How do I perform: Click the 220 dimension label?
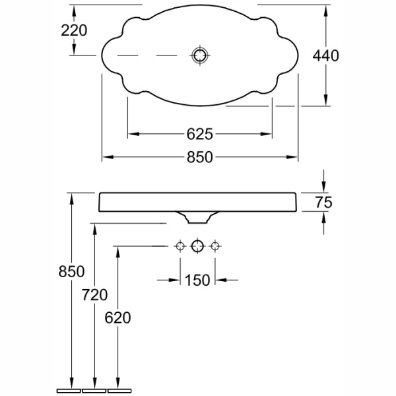pos(74,30)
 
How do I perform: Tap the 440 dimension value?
pos(326,55)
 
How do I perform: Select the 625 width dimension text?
pos(200,134)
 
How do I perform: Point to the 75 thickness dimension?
pos(324,203)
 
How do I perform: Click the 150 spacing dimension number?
pos(197,280)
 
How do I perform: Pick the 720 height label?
pos(94,295)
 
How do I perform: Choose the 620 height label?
pos(117,317)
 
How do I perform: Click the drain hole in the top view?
pos(200,55)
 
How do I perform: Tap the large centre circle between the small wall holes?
pos(197,246)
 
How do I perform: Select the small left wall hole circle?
pos(180,246)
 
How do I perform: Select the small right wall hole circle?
pos(215,246)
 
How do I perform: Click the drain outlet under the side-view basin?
pos(198,217)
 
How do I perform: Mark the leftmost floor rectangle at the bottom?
pos(69,391)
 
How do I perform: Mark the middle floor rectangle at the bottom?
pos(94,391)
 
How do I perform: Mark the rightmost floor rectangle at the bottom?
pos(119,391)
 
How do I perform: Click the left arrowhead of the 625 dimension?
pos(133,134)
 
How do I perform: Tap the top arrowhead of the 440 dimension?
pos(326,11)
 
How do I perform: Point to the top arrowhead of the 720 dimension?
pos(94,229)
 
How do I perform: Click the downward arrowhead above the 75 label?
pos(324,187)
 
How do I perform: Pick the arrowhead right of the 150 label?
pos(220,280)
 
